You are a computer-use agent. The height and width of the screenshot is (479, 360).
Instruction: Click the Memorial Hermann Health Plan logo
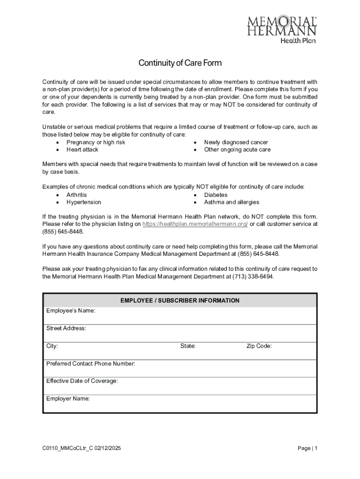coord(282,29)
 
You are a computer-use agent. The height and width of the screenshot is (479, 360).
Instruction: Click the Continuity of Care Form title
coord(180,63)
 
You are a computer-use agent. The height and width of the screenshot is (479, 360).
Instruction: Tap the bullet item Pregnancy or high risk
coord(96,142)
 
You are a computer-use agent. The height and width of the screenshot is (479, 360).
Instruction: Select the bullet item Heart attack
coord(82,150)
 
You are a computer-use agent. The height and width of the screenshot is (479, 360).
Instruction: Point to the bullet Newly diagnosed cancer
coord(236,142)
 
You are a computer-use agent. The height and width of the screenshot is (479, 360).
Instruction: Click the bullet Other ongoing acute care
coord(237,150)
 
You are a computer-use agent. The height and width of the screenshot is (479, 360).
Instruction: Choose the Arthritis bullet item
coord(77,195)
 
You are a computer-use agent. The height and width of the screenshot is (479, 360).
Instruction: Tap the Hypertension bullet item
coord(84,202)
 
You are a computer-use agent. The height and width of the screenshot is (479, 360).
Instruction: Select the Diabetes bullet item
coord(216,195)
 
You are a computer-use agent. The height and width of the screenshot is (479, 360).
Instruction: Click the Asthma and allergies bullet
coord(231,202)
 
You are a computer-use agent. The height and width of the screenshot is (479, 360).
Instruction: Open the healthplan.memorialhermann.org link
coord(195,224)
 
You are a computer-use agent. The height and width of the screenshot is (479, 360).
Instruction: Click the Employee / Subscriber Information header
coord(180,301)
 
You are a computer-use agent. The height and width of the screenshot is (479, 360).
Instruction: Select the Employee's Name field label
coord(71,311)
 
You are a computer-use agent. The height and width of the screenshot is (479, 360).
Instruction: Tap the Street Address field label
coord(66,328)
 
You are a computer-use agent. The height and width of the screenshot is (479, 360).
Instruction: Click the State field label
coord(188,346)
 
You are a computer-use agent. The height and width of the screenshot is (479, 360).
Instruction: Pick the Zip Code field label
coord(259,346)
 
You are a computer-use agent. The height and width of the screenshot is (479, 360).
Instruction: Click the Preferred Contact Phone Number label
coord(91,363)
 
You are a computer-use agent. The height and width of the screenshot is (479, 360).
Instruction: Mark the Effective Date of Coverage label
coord(82,381)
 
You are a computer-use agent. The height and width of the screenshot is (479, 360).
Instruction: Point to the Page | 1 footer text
coord(308,449)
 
